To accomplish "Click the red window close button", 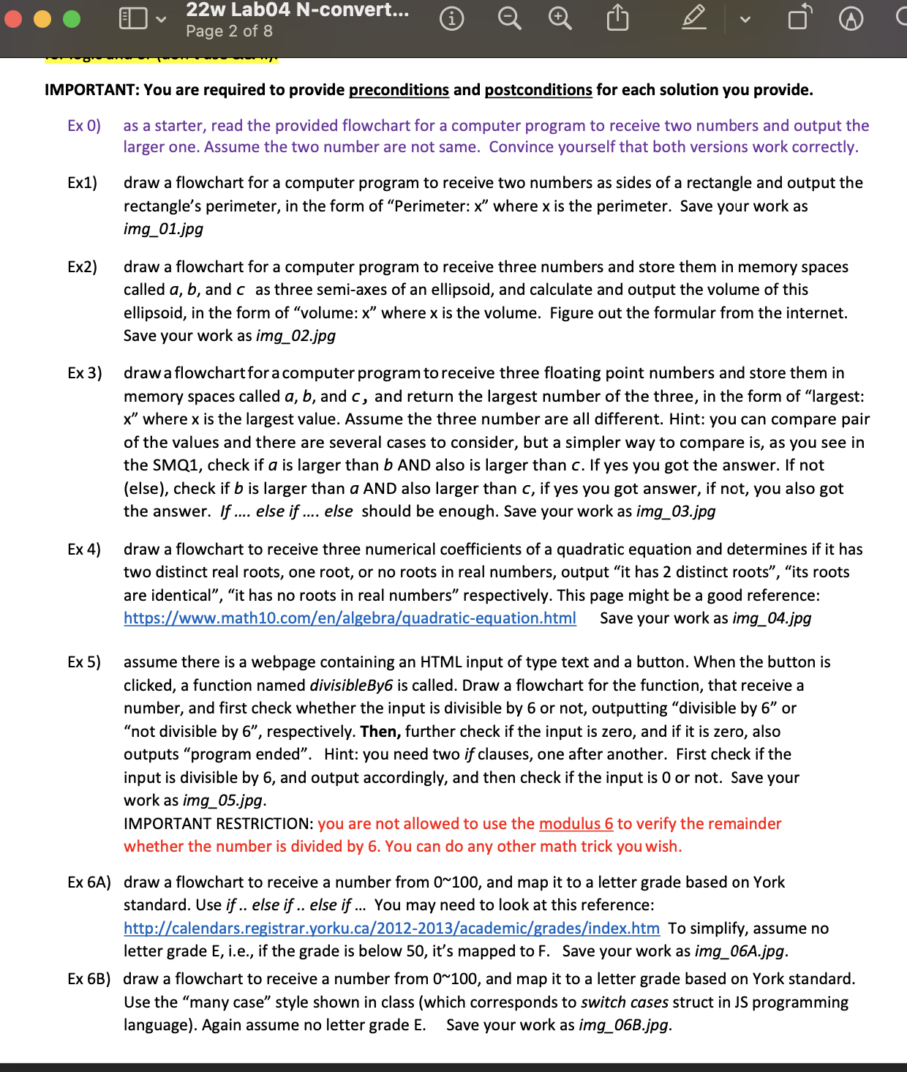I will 13,18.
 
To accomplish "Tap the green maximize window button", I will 72,18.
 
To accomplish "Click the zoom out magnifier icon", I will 509,18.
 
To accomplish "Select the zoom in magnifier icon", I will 560,18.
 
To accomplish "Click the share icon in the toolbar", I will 617,18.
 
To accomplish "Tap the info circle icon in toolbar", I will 451,18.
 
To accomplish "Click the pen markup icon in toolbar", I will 693,18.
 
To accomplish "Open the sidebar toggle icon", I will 133,18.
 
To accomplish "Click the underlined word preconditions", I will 399,90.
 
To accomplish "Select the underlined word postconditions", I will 538,90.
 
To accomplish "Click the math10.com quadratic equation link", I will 350,618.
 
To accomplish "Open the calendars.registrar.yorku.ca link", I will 391,929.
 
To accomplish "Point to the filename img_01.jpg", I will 163,229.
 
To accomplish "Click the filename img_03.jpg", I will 676,511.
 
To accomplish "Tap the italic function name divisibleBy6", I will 351,686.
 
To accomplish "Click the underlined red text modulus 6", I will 576,824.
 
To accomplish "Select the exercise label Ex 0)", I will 84,126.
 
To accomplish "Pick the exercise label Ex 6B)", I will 89,979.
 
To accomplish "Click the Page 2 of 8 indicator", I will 229,31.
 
